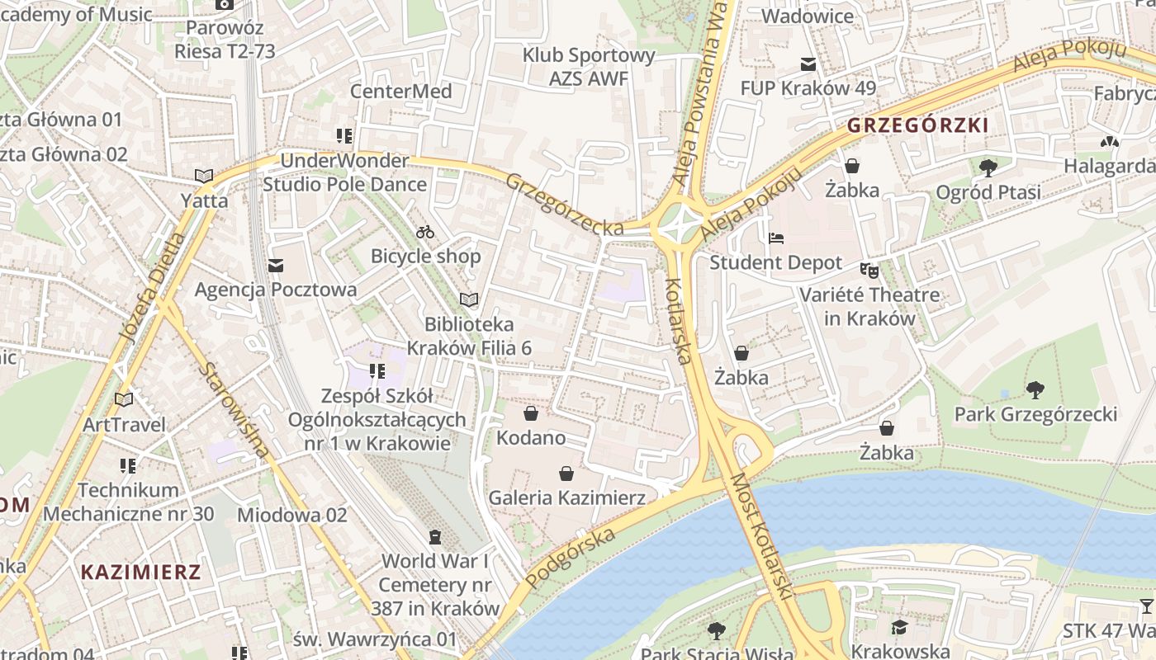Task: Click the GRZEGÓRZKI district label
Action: (x=917, y=126)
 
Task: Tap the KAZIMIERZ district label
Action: (x=141, y=572)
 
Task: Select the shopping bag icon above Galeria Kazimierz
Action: (x=566, y=474)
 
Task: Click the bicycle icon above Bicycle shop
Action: (x=425, y=232)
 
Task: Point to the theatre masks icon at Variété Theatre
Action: (x=868, y=269)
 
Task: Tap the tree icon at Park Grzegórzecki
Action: (x=1035, y=389)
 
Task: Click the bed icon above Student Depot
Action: (x=775, y=238)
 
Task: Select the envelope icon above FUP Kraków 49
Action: (x=808, y=64)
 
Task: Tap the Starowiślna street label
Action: (x=234, y=410)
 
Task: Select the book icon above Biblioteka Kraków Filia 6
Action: (x=469, y=299)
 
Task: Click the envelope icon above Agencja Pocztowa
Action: (x=275, y=265)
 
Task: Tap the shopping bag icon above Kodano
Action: (x=531, y=412)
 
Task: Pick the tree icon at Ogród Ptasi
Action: (x=988, y=168)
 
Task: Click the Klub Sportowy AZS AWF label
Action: (x=589, y=67)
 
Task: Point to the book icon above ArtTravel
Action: (x=124, y=400)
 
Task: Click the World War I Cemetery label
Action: (x=435, y=585)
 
